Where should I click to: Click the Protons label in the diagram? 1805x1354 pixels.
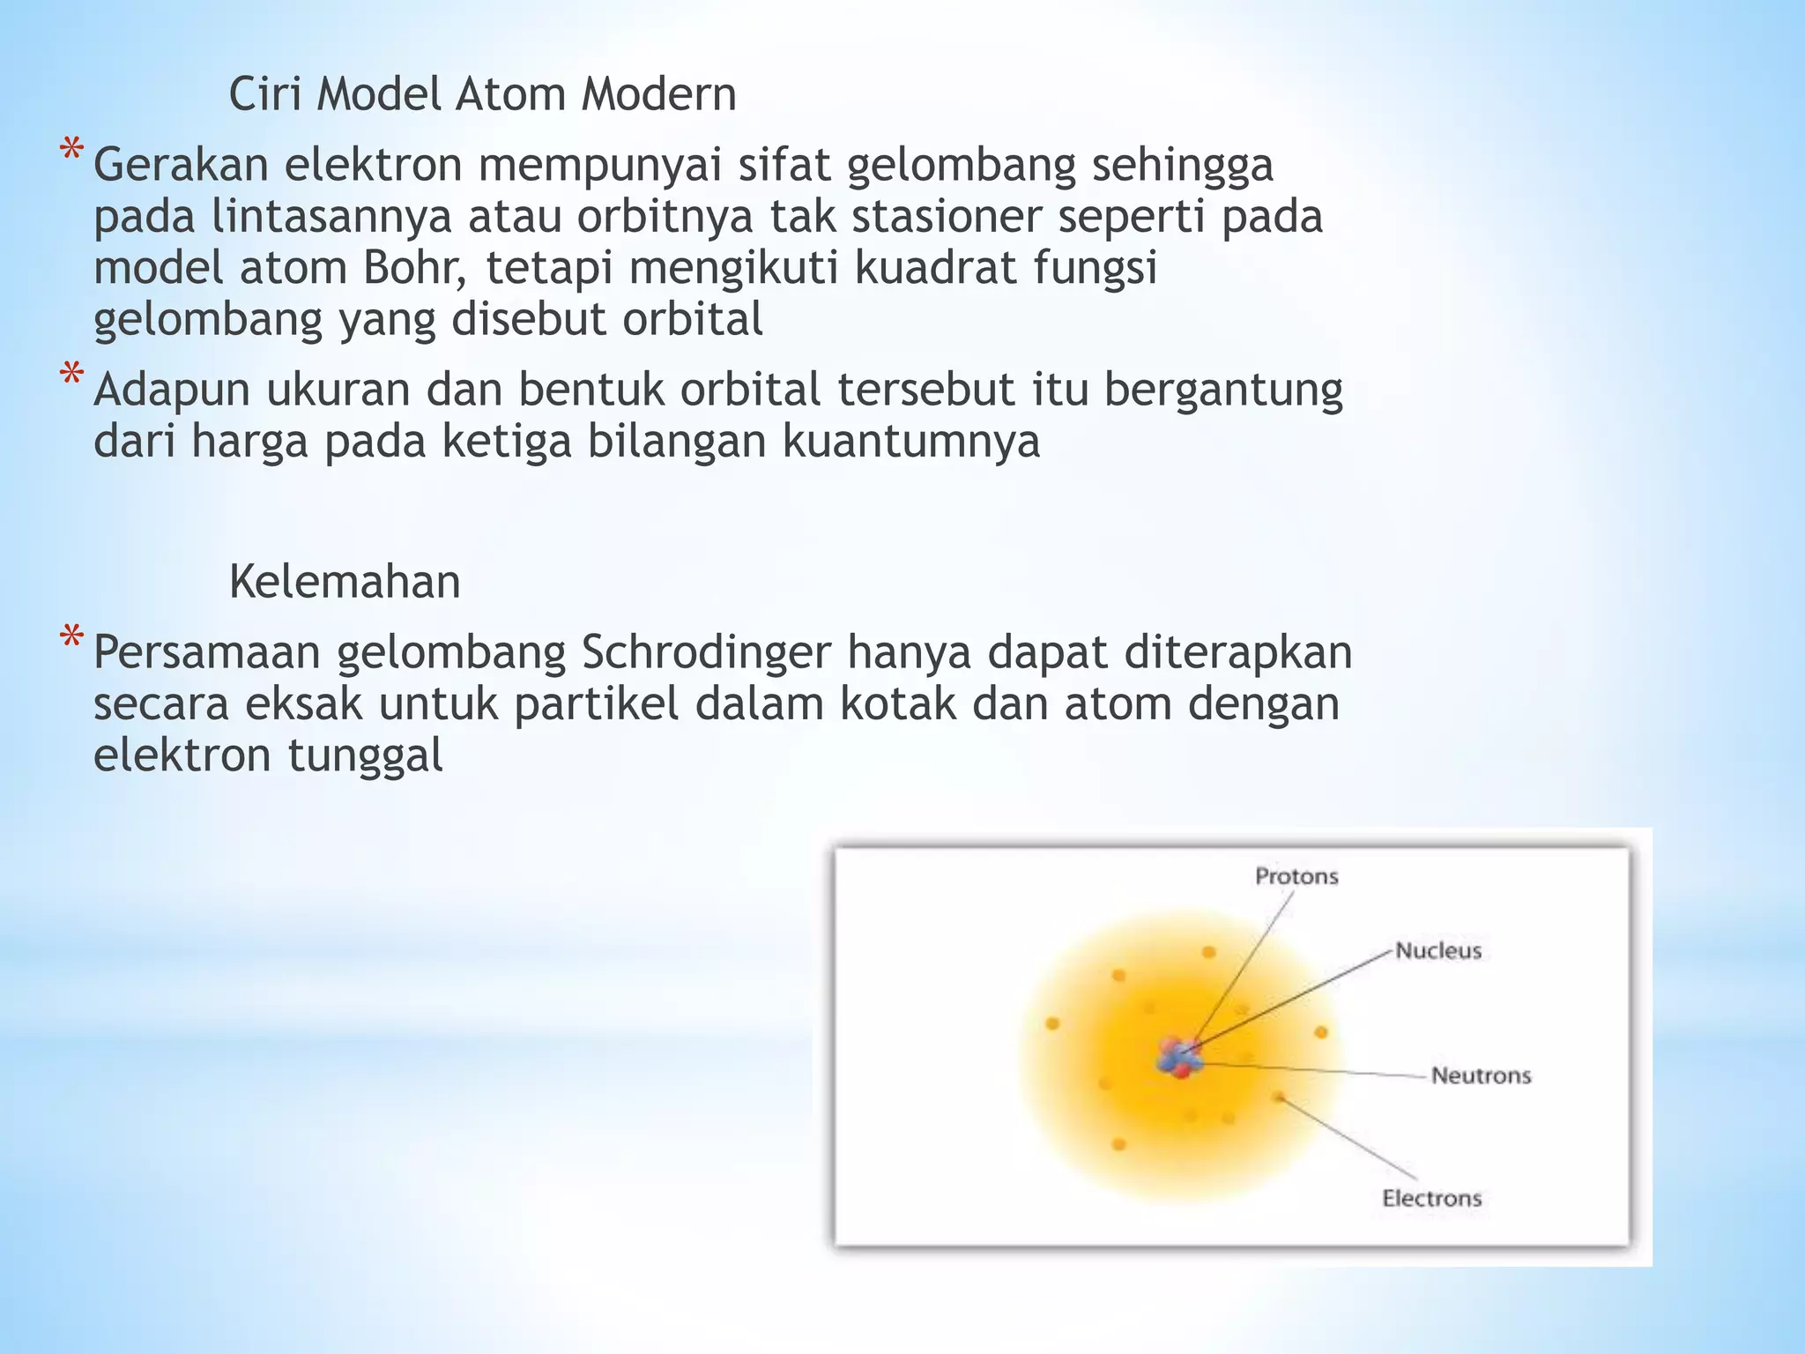pyautogui.click(x=1296, y=876)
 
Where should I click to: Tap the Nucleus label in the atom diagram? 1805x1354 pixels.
pyautogui.click(x=1437, y=950)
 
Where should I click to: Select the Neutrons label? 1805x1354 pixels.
pyautogui.click(x=1480, y=1075)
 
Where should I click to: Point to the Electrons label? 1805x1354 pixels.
pyautogui.click(x=1430, y=1198)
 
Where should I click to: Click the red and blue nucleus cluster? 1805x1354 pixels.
pyautogui.click(x=1179, y=1057)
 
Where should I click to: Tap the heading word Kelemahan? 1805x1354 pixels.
pyautogui.click(x=345, y=583)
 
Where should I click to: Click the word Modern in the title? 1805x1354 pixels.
pyautogui.click(x=658, y=94)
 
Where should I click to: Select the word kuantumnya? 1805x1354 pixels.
pyautogui.click(x=911, y=442)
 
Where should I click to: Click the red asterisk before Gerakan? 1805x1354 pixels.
pyautogui.click(x=71, y=152)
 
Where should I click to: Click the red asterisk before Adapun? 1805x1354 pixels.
pyautogui.click(x=71, y=376)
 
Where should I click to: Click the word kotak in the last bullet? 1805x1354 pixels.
pyautogui.click(x=898, y=704)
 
